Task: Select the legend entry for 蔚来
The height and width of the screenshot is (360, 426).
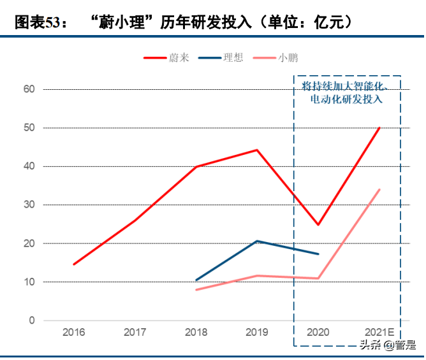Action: point(166,58)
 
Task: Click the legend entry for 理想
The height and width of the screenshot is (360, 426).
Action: point(221,58)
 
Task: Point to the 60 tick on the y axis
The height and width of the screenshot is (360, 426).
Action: point(29,89)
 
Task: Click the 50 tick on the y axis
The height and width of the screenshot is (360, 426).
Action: point(29,128)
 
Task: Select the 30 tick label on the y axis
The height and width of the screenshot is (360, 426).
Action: point(29,205)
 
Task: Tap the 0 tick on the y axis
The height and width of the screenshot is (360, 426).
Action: point(31,320)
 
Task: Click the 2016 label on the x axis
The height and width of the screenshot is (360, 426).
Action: point(74,333)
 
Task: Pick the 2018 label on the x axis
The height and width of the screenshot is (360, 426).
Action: point(196,333)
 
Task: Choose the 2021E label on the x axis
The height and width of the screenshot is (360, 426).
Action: point(379,333)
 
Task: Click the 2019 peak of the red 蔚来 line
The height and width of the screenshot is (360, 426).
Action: point(257,150)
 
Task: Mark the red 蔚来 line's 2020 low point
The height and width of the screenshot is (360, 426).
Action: point(318,225)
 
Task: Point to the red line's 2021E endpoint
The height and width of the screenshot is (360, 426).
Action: point(379,127)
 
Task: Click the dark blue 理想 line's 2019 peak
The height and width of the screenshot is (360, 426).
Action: point(257,241)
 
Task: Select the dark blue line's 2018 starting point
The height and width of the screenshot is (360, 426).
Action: point(196,280)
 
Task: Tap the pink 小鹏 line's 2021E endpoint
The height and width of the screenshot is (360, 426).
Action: point(379,189)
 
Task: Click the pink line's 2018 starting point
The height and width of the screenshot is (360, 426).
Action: point(196,290)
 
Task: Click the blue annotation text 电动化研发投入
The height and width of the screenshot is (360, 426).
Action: point(346,99)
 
